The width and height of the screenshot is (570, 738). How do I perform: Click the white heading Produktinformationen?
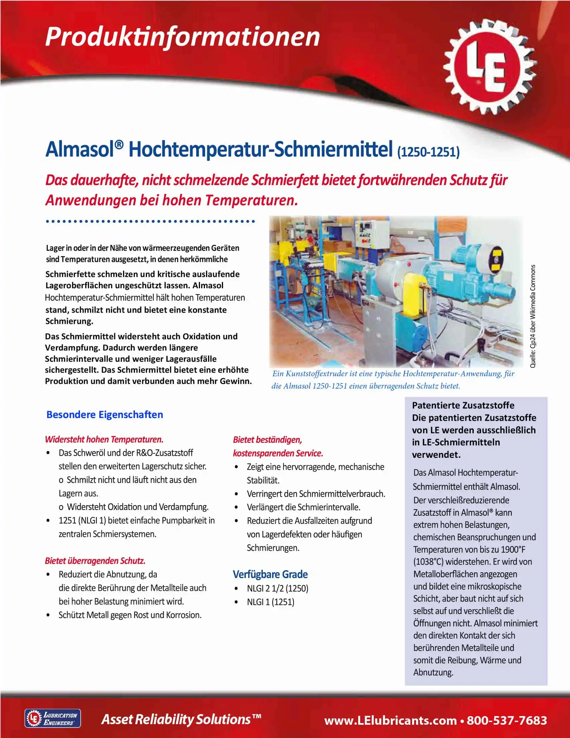[x=182, y=37]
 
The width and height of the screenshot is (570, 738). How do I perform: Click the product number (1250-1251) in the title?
[x=428, y=152]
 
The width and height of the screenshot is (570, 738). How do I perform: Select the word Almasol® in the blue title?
[x=84, y=149]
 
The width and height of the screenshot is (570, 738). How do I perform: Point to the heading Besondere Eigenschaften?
[x=105, y=415]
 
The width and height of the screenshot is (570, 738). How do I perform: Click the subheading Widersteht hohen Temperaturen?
[x=104, y=440]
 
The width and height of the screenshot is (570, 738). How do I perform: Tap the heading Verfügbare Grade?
[x=270, y=574]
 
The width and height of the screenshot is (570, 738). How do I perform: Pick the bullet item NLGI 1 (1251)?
[x=270, y=602]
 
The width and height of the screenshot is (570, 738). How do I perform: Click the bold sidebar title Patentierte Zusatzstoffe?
[x=463, y=406]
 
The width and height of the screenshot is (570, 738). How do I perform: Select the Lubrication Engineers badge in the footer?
[x=53, y=718]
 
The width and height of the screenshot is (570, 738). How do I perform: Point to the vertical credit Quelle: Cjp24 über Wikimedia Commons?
[x=533, y=316]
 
